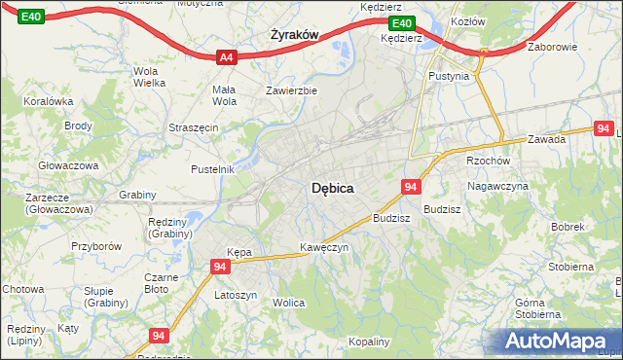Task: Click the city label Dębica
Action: pyautogui.click(x=331, y=189)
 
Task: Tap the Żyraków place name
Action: pyautogui.click(x=293, y=34)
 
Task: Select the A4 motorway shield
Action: pyautogui.click(x=226, y=57)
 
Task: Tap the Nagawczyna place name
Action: pyautogui.click(x=496, y=185)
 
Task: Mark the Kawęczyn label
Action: pyautogui.click(x=324, y=247)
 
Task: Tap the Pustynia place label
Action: pyautogui.click(x=449, y=75)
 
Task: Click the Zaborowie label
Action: pyautogui.click(x=552, y=47)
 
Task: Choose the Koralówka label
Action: pyautogui.click(x=50, y=100)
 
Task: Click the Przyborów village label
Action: pyautogui.click(x=95, y=246)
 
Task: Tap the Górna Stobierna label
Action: pyautogui.click(x=537, y=308)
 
